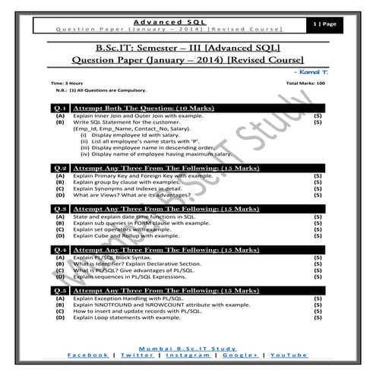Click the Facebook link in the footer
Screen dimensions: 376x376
[87, 355]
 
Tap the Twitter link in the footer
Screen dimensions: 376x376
[136, 355]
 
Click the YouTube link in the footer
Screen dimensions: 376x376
[289, 355]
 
